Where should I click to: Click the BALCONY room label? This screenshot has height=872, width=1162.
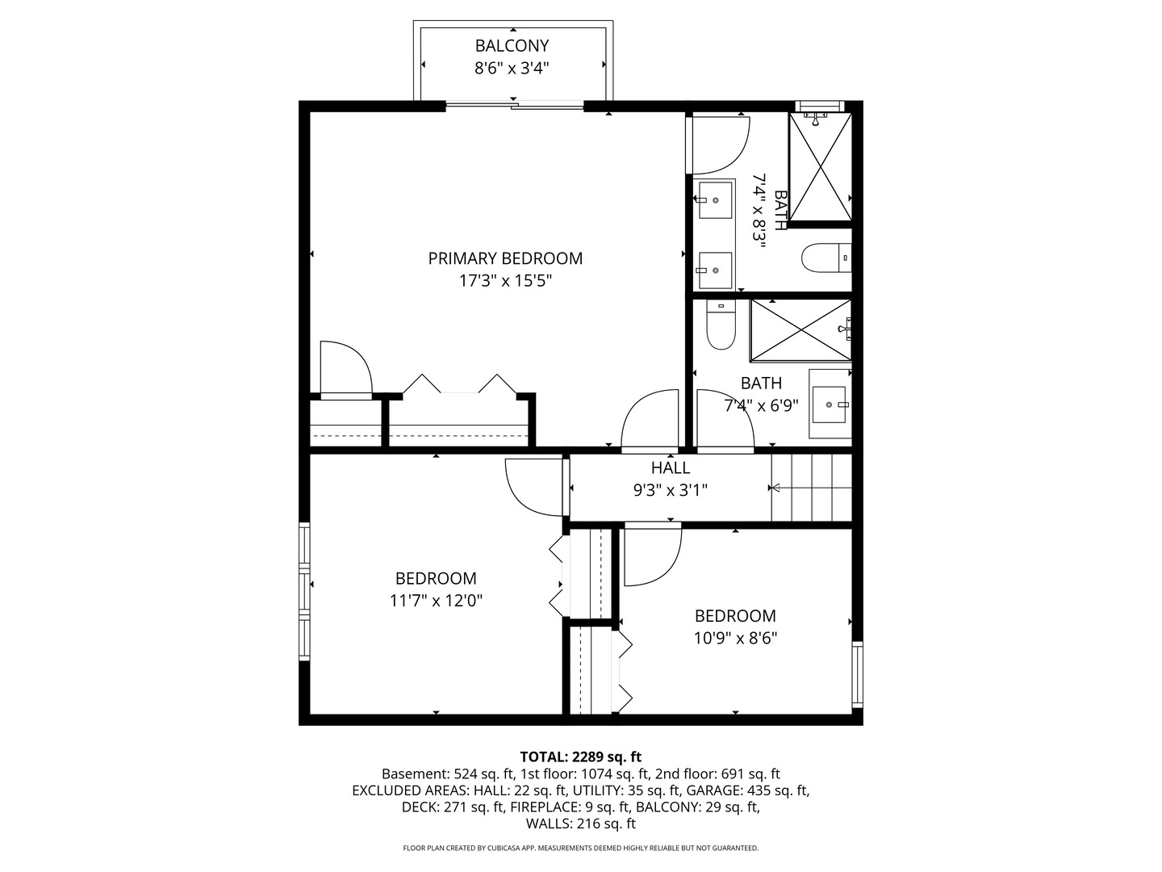512,46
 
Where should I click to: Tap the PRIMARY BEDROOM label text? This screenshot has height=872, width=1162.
505,258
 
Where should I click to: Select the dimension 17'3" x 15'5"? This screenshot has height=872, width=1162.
505,281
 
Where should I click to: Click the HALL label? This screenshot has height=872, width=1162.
671,468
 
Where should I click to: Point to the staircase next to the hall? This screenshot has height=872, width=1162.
810,488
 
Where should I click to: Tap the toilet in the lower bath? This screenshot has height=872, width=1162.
721,325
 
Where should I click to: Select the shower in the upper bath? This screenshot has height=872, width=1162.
820,167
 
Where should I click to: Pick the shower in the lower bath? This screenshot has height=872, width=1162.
800,329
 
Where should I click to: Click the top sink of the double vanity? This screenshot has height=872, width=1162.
714,199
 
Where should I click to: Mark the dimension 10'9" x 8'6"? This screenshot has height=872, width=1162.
735,638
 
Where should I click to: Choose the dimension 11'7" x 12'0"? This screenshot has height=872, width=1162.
436,601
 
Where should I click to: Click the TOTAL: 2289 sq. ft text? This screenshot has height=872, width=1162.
580,757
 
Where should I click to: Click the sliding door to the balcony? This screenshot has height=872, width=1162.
515,105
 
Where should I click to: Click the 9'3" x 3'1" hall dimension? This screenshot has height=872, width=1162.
671,490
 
